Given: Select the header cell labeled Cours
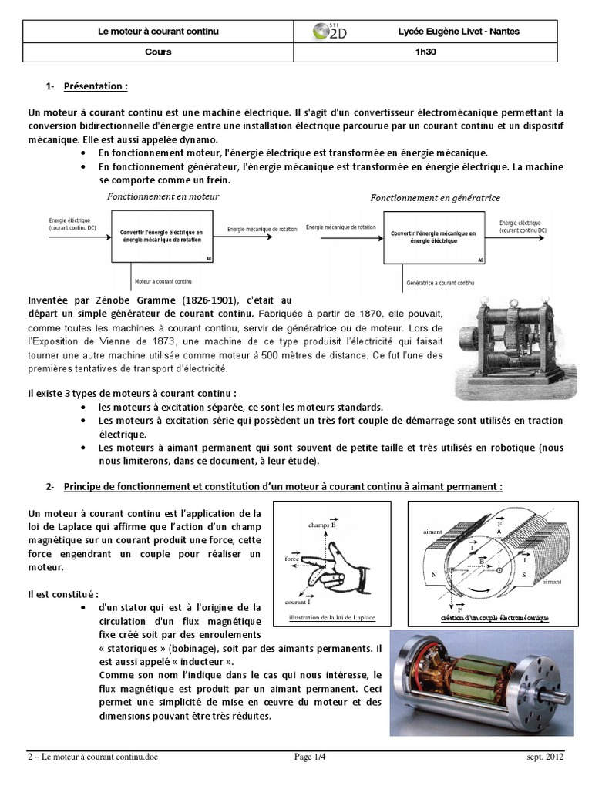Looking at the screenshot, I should pyautogui.click(x=158, y=52).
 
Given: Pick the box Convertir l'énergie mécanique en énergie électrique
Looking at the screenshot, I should pyautogui.click(x=434, y=236).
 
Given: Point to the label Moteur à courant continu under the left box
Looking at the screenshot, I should pyautogui.click(x=163, y=282).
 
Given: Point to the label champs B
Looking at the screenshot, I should pyautogui.click(x=323, y=525).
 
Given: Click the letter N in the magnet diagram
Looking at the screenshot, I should pyautogui.click(x=436, y=574).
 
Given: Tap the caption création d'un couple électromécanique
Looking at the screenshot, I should pyautogui.click(x=489, y=618).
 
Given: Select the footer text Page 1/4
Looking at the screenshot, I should pyautogui.click(x=311, y=758).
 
